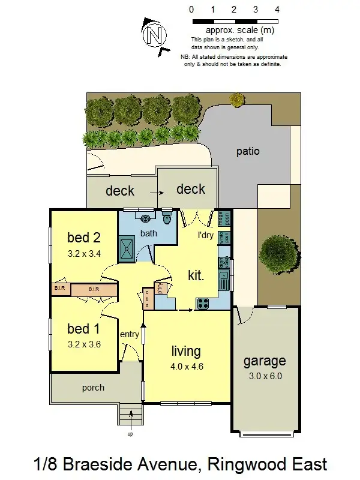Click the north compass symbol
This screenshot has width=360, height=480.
click(154, 34)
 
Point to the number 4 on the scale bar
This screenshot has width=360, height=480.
click(277, 10)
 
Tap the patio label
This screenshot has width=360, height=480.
click(248, 151)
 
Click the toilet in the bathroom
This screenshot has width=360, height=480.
click(167, 218)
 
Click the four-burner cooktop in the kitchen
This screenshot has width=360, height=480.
click(202, 302)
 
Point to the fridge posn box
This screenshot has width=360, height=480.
click(221, 217)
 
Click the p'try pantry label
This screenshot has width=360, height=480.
click(161, 289)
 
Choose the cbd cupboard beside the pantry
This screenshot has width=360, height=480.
click(148, 299)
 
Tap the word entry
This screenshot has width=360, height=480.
click(130, 334)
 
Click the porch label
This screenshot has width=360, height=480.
click(93, 388)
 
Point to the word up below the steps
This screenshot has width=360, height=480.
click(130, 433)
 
